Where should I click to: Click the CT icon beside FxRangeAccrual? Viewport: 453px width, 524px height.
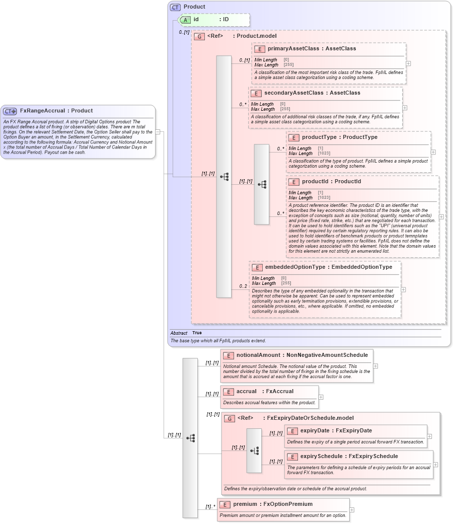click(x=10, y=111)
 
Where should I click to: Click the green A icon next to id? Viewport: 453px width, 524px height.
click(x=185, y=20)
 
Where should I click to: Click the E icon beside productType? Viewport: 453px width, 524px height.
click(x=294, y=137)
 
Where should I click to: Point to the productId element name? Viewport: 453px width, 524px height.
click(x=314, y=182)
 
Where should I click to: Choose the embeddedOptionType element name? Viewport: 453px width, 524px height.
click(x=294, y=267)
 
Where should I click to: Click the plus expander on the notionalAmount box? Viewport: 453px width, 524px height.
click(x=375, y=366)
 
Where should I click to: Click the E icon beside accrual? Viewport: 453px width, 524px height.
click(x=229, y=392)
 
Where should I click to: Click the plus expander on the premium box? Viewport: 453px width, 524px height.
click(x=352, y=510)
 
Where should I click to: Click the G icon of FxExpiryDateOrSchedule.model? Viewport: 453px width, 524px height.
click(x=230, y=418)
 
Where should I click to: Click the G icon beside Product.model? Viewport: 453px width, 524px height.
click(x=199, y=37)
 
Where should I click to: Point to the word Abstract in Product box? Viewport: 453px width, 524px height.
click(x=179, y=333)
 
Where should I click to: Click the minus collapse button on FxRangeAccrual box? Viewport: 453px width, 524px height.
click(x=158, y=132)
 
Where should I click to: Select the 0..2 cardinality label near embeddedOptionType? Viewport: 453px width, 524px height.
click(x=243, y=286)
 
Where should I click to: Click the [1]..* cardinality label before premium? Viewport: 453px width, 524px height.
click(x=210, y=507)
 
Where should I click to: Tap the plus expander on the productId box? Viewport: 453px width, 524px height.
click(x=441, y=216)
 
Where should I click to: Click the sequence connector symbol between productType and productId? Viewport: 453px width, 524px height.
click(x=262, y=184)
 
